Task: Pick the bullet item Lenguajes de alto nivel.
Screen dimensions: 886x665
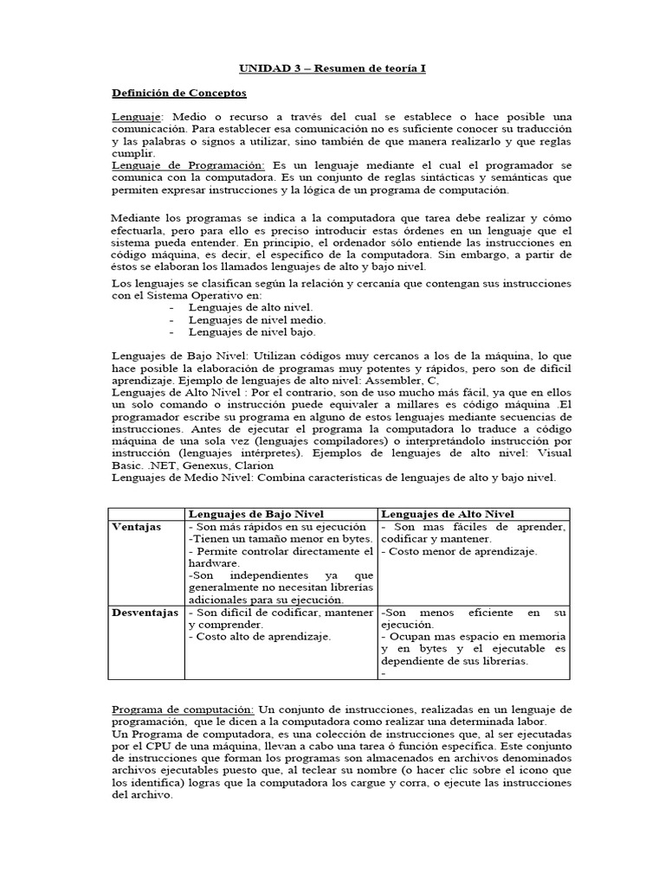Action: click(251, 307)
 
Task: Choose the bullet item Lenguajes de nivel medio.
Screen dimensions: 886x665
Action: click(257, 319)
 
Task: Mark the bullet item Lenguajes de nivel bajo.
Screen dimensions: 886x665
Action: click(252, 331)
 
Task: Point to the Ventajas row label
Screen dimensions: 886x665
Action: click(137, 527)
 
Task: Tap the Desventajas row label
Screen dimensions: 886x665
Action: click(145, 612)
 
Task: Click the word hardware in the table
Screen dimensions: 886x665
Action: click(212, 563)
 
